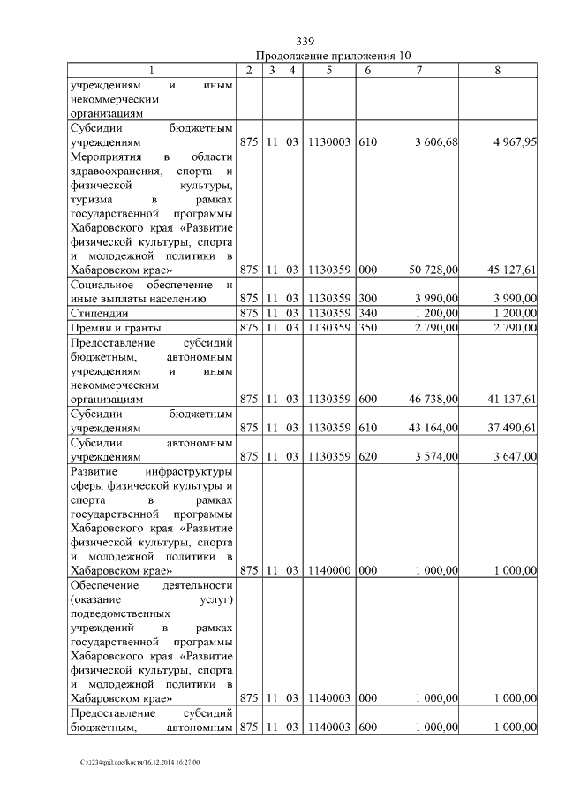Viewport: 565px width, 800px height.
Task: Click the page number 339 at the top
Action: pyautogui.click(x=305, y=41)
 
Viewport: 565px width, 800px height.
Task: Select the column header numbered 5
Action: pyautogui.click(x=328, y=70)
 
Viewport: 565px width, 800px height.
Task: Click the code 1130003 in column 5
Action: pyautogui.click(x=328, y=142)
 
